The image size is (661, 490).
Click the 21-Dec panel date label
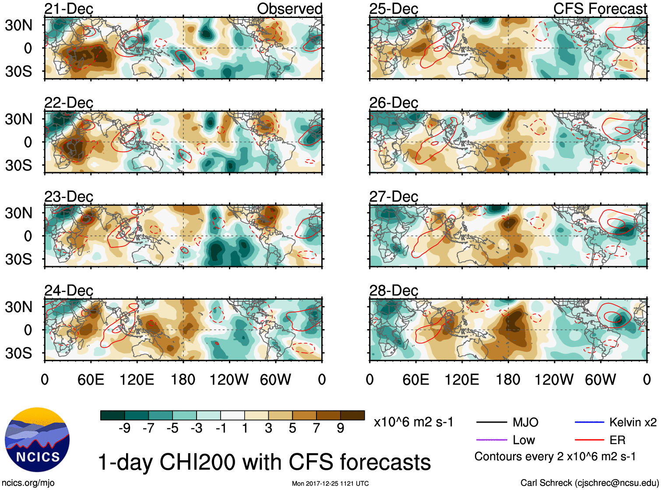tap(69, 9)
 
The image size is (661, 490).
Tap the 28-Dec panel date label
tap(394, 290)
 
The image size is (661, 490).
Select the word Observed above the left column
tap(289, 9)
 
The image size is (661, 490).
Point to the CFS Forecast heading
tap(600, 9)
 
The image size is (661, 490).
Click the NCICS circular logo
tap(37, 440)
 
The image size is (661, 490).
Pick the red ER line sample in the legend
tap(589, 440)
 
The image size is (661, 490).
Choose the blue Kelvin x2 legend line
tap(589, 422)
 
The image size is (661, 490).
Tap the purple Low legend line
tap(491, 440)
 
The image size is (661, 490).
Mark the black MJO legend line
tap(491, 422)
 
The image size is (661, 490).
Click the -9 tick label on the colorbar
tap(124, 428)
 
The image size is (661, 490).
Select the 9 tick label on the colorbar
tap(340, 428)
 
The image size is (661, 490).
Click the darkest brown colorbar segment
tap(352, 415)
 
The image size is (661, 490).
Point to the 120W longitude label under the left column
tap(229, 379)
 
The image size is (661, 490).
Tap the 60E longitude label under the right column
tap(415, 379)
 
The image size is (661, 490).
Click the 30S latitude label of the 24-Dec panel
tap(19, 353)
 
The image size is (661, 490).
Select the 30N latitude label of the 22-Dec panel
tap(19, 119)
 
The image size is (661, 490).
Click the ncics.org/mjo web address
tap(28, 483)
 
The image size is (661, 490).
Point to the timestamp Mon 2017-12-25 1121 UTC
tap(330, 483)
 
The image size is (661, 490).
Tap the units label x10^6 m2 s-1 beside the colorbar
tap(413, 422)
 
